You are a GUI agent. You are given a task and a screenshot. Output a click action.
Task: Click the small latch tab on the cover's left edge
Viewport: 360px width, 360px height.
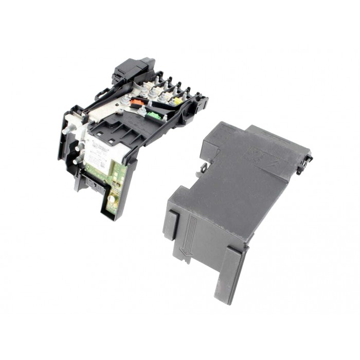pos(204,167)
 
